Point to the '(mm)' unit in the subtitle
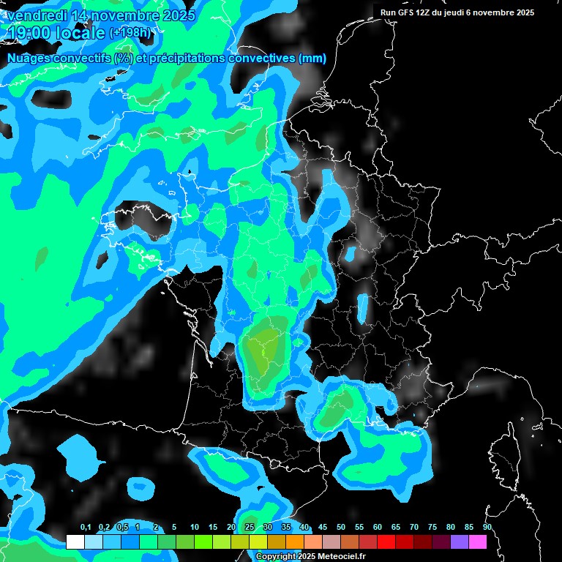pyautogui.click(x=312, y=59)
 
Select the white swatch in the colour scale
pyautogui.click(x=75, y=542)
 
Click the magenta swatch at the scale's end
pyautogui.click(x=478, y=542)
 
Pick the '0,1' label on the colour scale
pyautogui.click(x=86, y=528)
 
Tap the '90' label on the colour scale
pyautogui.click(x=487, y=528)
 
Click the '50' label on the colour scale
pyautogui.click(x=341, y=528)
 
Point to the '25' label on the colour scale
pyautogui.click(x=250, y=528)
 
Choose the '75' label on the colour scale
pyautogui.click(x=432, y=528)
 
